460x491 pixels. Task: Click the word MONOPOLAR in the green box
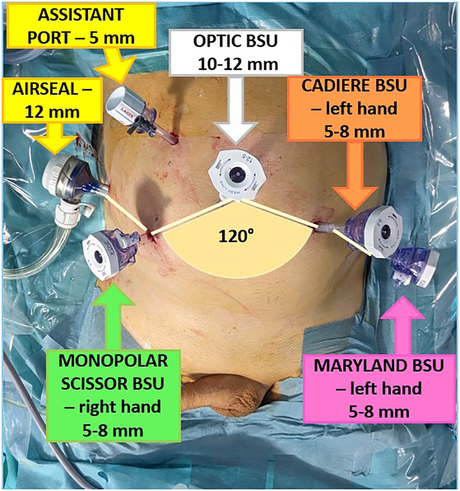113,361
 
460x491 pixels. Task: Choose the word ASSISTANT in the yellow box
81,15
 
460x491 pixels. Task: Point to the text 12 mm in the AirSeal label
53,112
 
